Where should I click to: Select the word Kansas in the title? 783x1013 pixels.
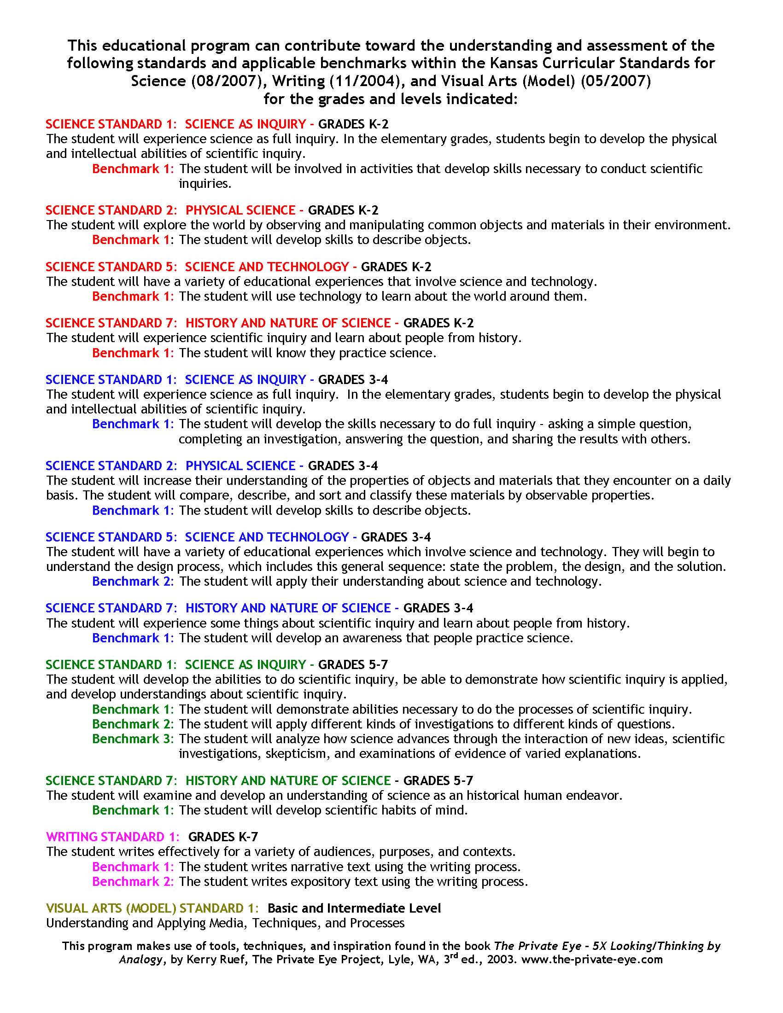click(520, 63)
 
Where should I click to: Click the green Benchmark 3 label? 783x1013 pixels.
click(133, 739)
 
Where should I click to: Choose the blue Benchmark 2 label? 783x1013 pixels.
click(133, 581)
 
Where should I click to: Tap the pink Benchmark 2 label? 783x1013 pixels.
click(133, 881)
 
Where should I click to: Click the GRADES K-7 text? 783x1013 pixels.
click(223, 837)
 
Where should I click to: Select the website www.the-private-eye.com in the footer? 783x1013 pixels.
click(592, 960)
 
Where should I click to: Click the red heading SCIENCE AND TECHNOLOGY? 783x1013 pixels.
click(267, 267)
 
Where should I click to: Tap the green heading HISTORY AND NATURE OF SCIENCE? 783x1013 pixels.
click(288, 780)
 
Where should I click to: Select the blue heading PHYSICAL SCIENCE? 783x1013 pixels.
click(240, 466)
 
